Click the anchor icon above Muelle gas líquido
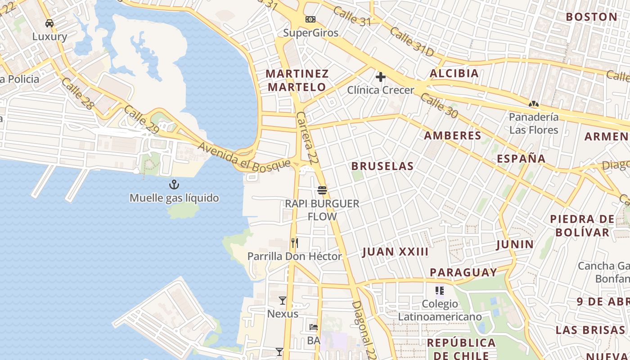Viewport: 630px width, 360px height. point(174,184)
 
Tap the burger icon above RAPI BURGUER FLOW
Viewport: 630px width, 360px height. point(322,190)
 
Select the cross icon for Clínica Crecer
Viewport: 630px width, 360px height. point(381,77)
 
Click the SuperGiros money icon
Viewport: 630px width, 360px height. point(310,19)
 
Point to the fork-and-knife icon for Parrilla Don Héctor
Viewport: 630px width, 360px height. point(295,243)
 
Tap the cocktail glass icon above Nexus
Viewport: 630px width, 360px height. point(283,300)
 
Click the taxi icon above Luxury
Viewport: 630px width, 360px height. point(49,23)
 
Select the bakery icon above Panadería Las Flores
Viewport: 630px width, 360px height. point(534,104)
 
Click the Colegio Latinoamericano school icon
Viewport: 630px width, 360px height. point(440,291)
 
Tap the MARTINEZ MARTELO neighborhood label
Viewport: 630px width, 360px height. point(297,80)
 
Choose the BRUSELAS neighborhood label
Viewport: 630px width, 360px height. point(382,166)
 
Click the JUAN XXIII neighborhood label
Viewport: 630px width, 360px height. point(395,252)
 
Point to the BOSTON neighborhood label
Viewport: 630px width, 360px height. point(591,17)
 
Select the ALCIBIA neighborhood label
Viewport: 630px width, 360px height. point(454,73)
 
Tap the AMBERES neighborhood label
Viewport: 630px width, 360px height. point(453,135)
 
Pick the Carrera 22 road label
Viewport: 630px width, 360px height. point(306,137)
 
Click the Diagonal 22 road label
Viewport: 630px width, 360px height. point(364,329)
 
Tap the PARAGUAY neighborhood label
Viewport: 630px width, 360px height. point(463,272)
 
